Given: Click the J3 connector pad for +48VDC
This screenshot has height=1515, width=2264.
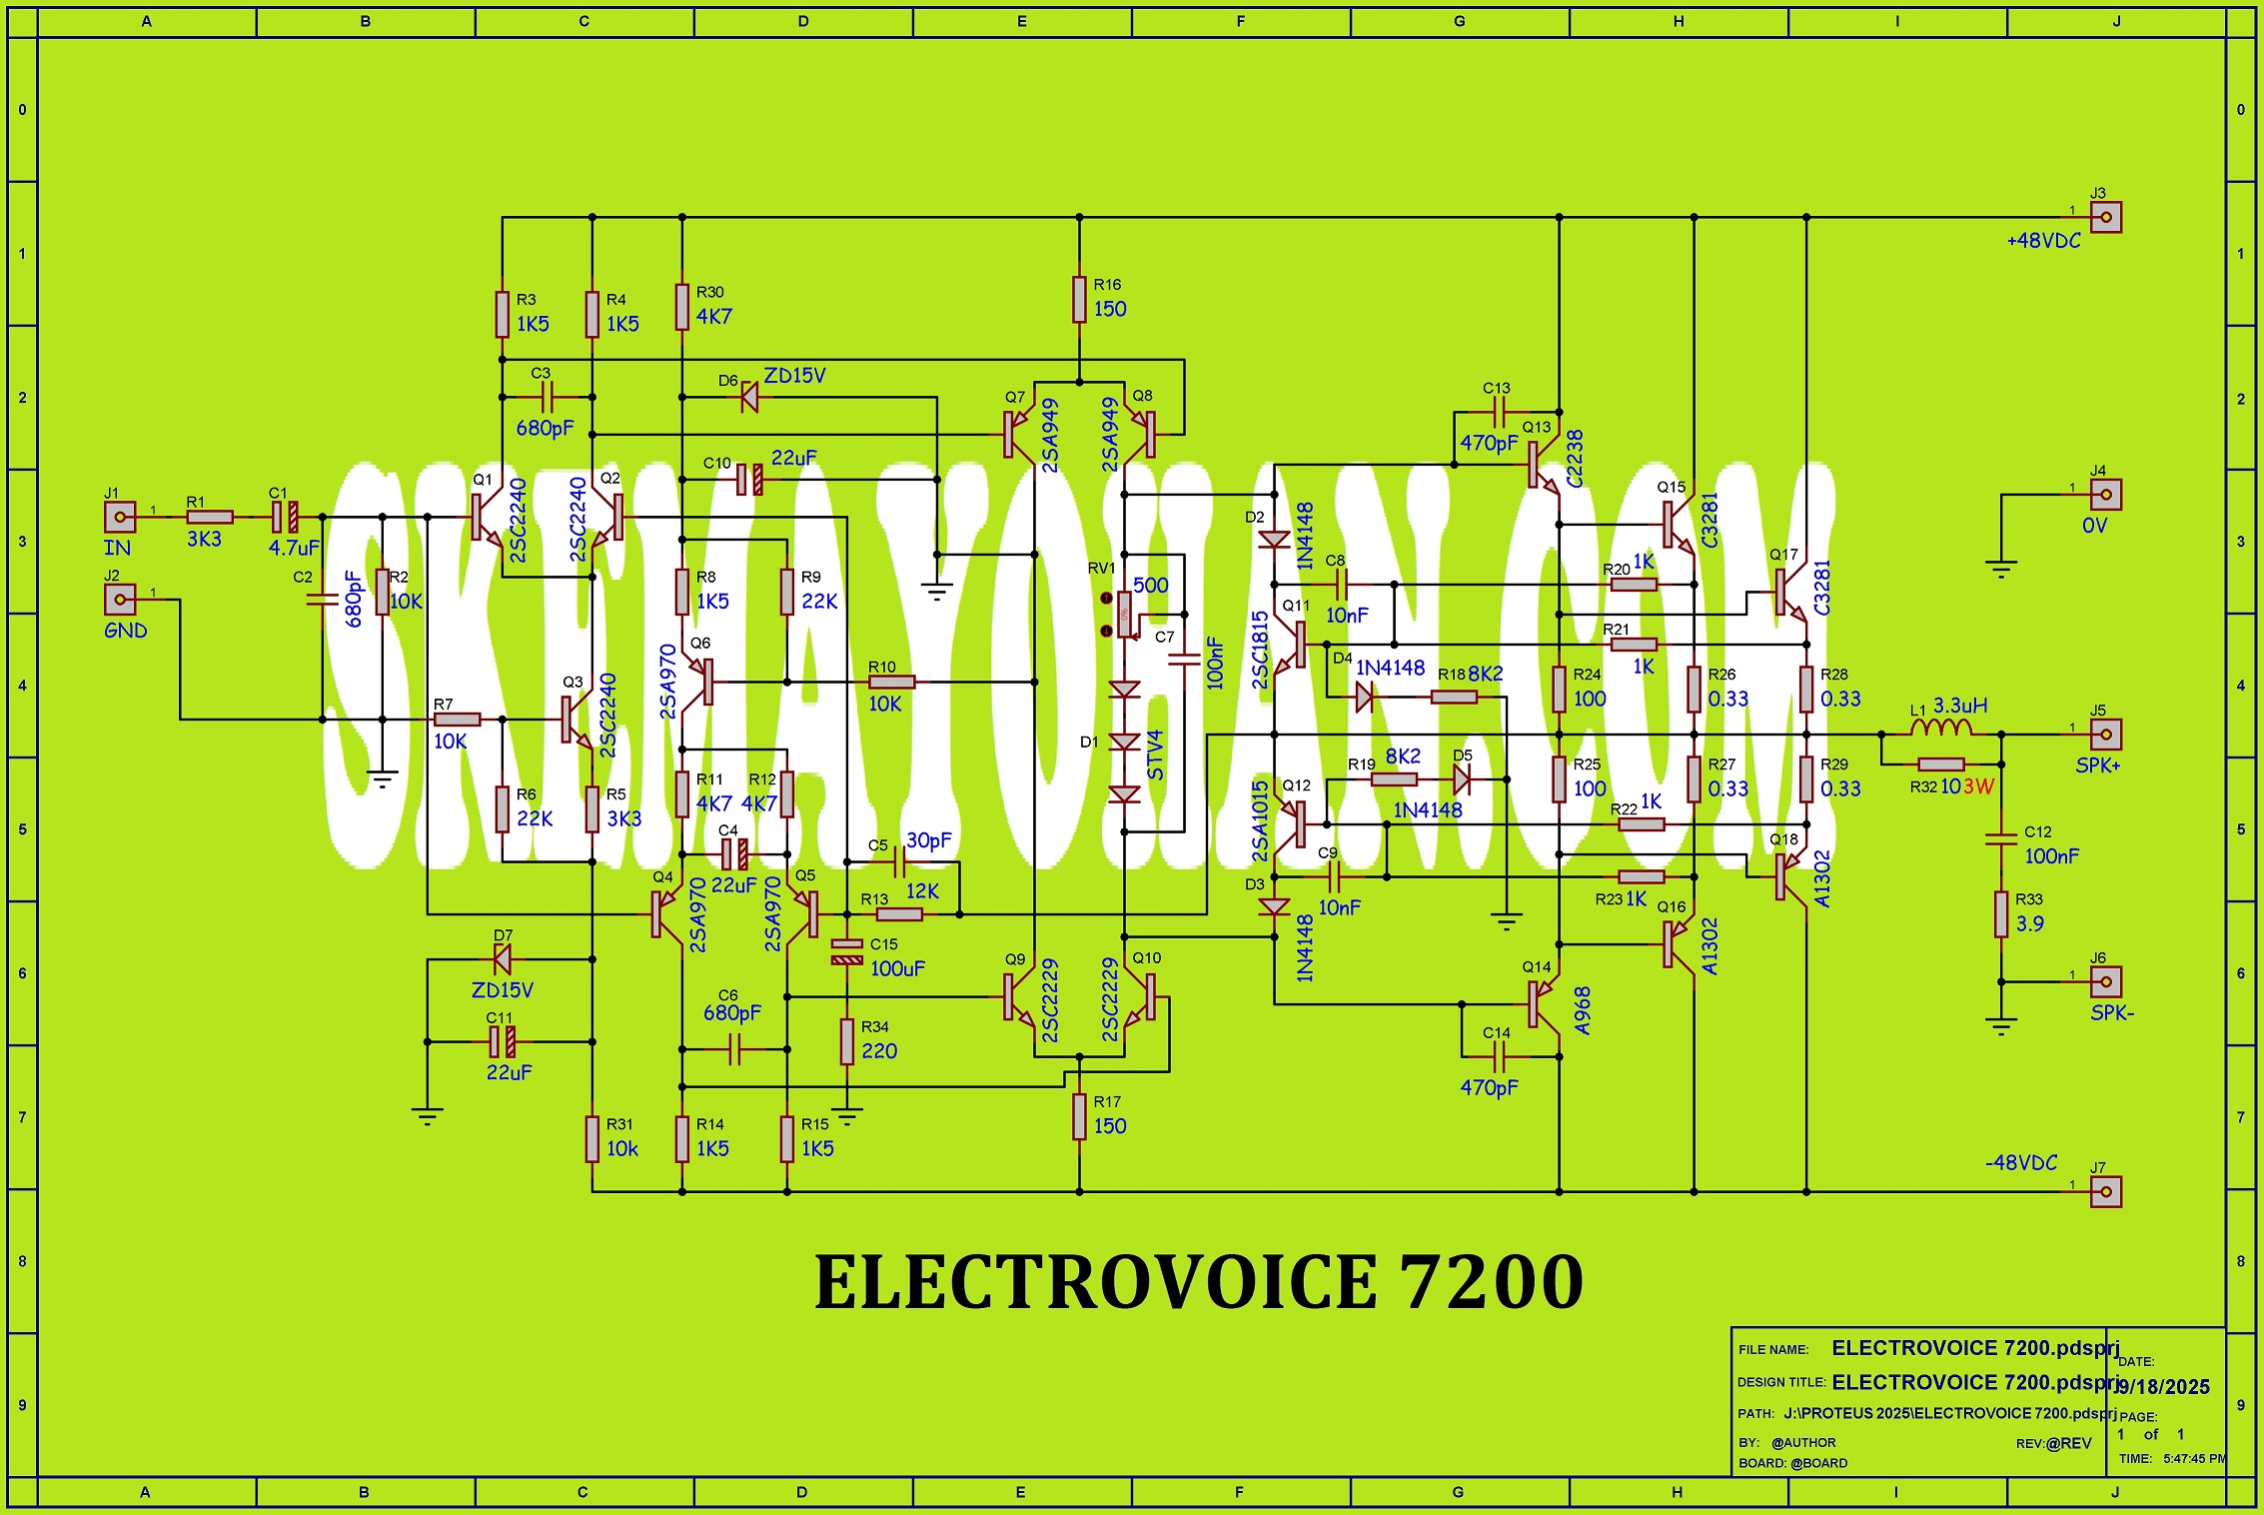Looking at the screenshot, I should [2105, 217].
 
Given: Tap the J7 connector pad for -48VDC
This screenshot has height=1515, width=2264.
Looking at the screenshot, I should [2105, 1191].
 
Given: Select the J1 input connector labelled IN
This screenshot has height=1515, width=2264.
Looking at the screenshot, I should [120, 517].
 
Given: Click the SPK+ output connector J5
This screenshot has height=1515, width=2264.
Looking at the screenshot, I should [2105, 735].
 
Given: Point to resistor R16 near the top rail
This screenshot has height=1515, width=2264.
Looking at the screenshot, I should [1079, 299].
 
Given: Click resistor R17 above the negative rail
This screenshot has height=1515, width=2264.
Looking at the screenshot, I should [1079, 1116].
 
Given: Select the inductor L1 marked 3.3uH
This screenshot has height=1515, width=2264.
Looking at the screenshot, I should [1940, 730].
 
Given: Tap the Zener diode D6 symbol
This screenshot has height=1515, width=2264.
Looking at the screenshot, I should [748, 398].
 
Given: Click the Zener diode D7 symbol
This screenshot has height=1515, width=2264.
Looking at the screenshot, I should [502, 959].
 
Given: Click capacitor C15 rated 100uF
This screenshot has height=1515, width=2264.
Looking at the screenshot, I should [846, 951].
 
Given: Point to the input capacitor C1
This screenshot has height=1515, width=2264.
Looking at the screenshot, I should [284, 517].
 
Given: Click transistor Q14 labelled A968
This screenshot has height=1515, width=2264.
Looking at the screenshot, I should [1542, 1004].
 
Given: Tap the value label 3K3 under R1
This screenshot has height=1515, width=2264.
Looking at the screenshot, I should [204, 540].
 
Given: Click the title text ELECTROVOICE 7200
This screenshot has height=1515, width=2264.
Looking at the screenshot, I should [1199, 1282].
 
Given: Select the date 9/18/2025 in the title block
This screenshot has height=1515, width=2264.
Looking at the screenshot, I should [2162, 1387].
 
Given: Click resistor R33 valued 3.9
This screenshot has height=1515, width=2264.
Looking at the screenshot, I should [2001, 913].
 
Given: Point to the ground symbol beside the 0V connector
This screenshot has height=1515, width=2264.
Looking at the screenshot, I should [2001, 570].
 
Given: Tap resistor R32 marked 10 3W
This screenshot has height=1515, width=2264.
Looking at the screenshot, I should [1941, 764].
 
